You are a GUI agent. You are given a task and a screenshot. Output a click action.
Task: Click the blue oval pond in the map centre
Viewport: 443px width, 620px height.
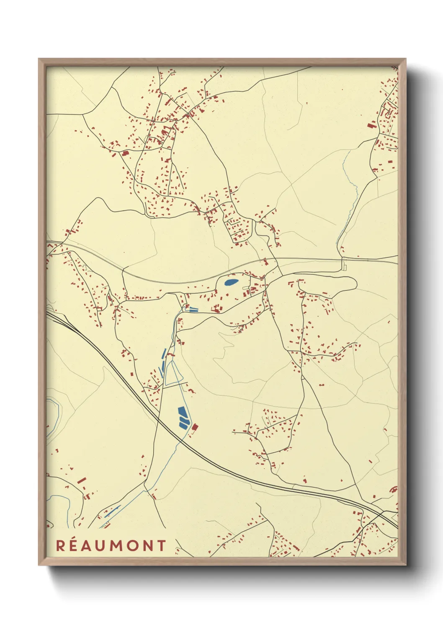(x=231, y=282)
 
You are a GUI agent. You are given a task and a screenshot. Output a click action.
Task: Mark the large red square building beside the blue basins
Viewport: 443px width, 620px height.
(x=195, y=427)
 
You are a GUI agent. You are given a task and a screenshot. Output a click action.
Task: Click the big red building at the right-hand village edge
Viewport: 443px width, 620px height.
(x=371, y=124)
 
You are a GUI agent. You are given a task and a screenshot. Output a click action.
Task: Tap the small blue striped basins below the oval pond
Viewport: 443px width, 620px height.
(x=193, y=310)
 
